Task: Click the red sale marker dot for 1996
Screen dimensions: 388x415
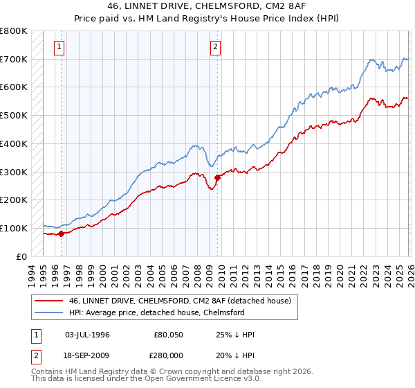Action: (62, 233)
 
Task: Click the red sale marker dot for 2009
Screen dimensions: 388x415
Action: (217, 177)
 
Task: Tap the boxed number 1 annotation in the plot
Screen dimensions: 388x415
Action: (60, 47)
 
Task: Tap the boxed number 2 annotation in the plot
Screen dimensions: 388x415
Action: (216, 47)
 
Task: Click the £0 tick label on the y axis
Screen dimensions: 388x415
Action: (22, 256)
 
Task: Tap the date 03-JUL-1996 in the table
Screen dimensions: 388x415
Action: (87, 335)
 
